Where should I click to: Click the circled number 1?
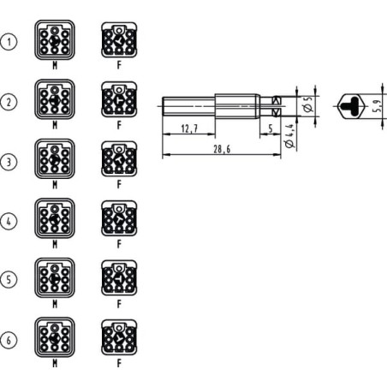coord(9,42)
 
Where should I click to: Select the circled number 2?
coord(9,102)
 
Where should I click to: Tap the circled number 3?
coord(9,162)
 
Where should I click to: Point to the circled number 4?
coord(9,221)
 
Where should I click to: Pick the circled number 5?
coord(9,279)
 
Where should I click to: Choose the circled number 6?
coord(9,340)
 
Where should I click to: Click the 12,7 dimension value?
coord(189,128)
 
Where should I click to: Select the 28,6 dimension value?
coord(222,149)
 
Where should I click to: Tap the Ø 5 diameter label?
coord(308,104)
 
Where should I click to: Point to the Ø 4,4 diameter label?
coord(289,136)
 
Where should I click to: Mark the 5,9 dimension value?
coord(377,106)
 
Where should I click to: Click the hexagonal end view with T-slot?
coord(352,106)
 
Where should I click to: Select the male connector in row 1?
coord(55,40)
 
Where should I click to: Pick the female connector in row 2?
coord(119,99)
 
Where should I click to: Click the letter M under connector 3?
coord(55,185)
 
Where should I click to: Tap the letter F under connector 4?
coord(119,244)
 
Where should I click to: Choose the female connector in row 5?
coord(119,277)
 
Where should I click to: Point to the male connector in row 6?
coord(55,337)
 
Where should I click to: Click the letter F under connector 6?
coord(119,363)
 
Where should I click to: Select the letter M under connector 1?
coord(55,65)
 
